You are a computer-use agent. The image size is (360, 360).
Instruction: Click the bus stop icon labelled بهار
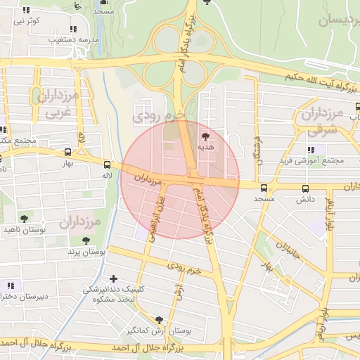point(67,152)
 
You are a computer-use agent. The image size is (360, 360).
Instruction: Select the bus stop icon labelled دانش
point(305,188)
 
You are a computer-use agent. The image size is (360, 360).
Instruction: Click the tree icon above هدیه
point(205,136)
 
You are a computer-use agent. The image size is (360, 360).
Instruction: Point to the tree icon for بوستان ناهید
point(25,219)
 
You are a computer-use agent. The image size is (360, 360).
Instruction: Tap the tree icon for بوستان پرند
point(86,240)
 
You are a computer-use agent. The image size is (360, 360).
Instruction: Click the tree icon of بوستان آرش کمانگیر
point(159,319)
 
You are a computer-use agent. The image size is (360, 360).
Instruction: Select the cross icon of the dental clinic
point(114,278)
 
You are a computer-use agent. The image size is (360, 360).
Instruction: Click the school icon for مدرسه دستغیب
point(73,29)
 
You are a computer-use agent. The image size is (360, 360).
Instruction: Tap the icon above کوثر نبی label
point(27,11)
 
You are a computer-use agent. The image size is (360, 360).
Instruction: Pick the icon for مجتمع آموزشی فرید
point(311,150)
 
